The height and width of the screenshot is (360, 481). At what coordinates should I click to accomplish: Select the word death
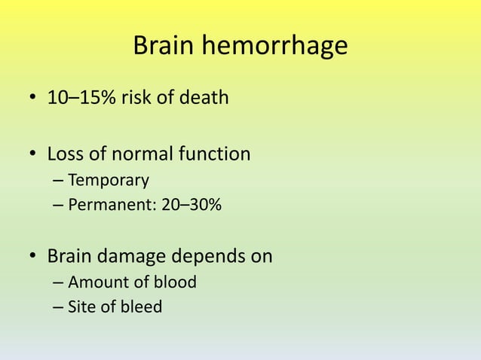pos(204,98)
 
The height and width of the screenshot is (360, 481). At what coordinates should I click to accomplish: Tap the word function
pos(215,154)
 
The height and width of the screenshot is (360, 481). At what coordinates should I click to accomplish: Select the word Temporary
pos(108,182)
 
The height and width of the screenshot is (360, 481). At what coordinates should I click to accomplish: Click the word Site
pos(80,307)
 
